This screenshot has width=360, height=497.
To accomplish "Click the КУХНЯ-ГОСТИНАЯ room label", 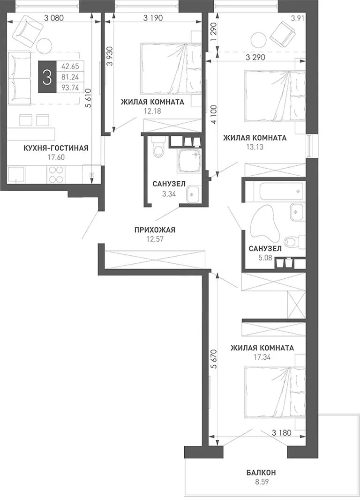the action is tap(56, 148).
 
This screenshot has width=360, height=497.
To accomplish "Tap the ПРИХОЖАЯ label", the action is tap(155, 230).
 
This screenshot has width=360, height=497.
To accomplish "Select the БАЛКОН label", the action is tap(261, 473).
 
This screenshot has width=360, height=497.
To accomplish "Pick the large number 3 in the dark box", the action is tap(47, 77).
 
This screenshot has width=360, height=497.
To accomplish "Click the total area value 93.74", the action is tap(70, 88).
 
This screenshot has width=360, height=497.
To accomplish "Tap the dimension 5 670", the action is tap(214, 359).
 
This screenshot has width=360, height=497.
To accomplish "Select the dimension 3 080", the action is tap(54, 18).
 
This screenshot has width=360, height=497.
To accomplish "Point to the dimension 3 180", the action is tap(282, 432).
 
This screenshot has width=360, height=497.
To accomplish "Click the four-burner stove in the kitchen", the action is tap(57, 174).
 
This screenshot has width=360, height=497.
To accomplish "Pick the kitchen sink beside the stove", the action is tap(16, 175).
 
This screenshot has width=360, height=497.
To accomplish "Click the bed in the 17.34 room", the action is tap(275, 392).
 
